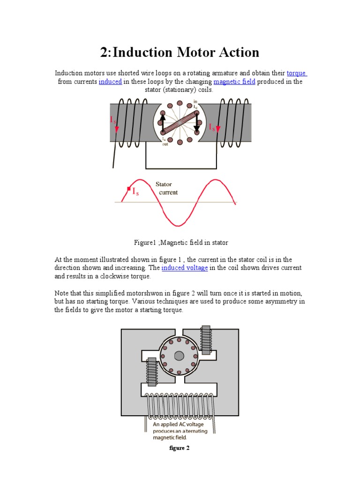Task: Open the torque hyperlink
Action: (296, 73)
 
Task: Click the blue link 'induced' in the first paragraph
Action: (110, 82)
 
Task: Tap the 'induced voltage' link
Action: (185, 268)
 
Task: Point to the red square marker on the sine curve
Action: (129, 189)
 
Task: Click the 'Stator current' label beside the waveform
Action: (166, 188)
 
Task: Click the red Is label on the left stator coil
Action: (113, 120)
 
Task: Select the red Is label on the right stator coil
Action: (212, 127)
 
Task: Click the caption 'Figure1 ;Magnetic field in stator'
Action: (181, 242)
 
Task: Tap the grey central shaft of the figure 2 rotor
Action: (179, 356)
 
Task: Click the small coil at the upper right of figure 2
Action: (206, 342)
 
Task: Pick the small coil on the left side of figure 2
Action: (152, 372)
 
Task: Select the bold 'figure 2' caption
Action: (179, 448)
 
